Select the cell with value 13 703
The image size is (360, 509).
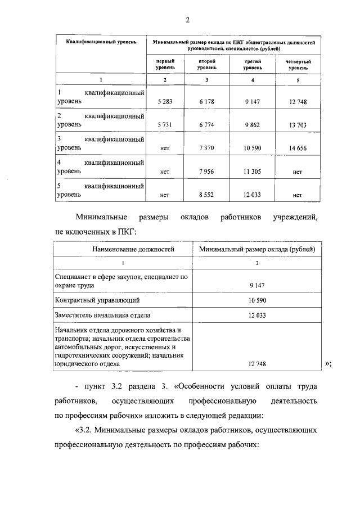pyautogui.click(x=298, y=124)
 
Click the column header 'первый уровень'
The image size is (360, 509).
pyautogui.click(x=165, y=64)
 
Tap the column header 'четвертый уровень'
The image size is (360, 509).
pyautogui.click(x=298, y=64)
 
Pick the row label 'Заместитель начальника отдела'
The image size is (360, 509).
pyautogui.click(x=102, y=315)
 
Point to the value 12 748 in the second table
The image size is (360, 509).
pyautogui.click(x=256, y=364)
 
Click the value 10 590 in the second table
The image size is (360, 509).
pyautogui.click(x=256, y=300)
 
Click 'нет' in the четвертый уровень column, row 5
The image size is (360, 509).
pyautogui.click(x=298, y=195)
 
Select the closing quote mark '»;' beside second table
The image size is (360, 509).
pyautogui.click(x=328, y=364)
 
